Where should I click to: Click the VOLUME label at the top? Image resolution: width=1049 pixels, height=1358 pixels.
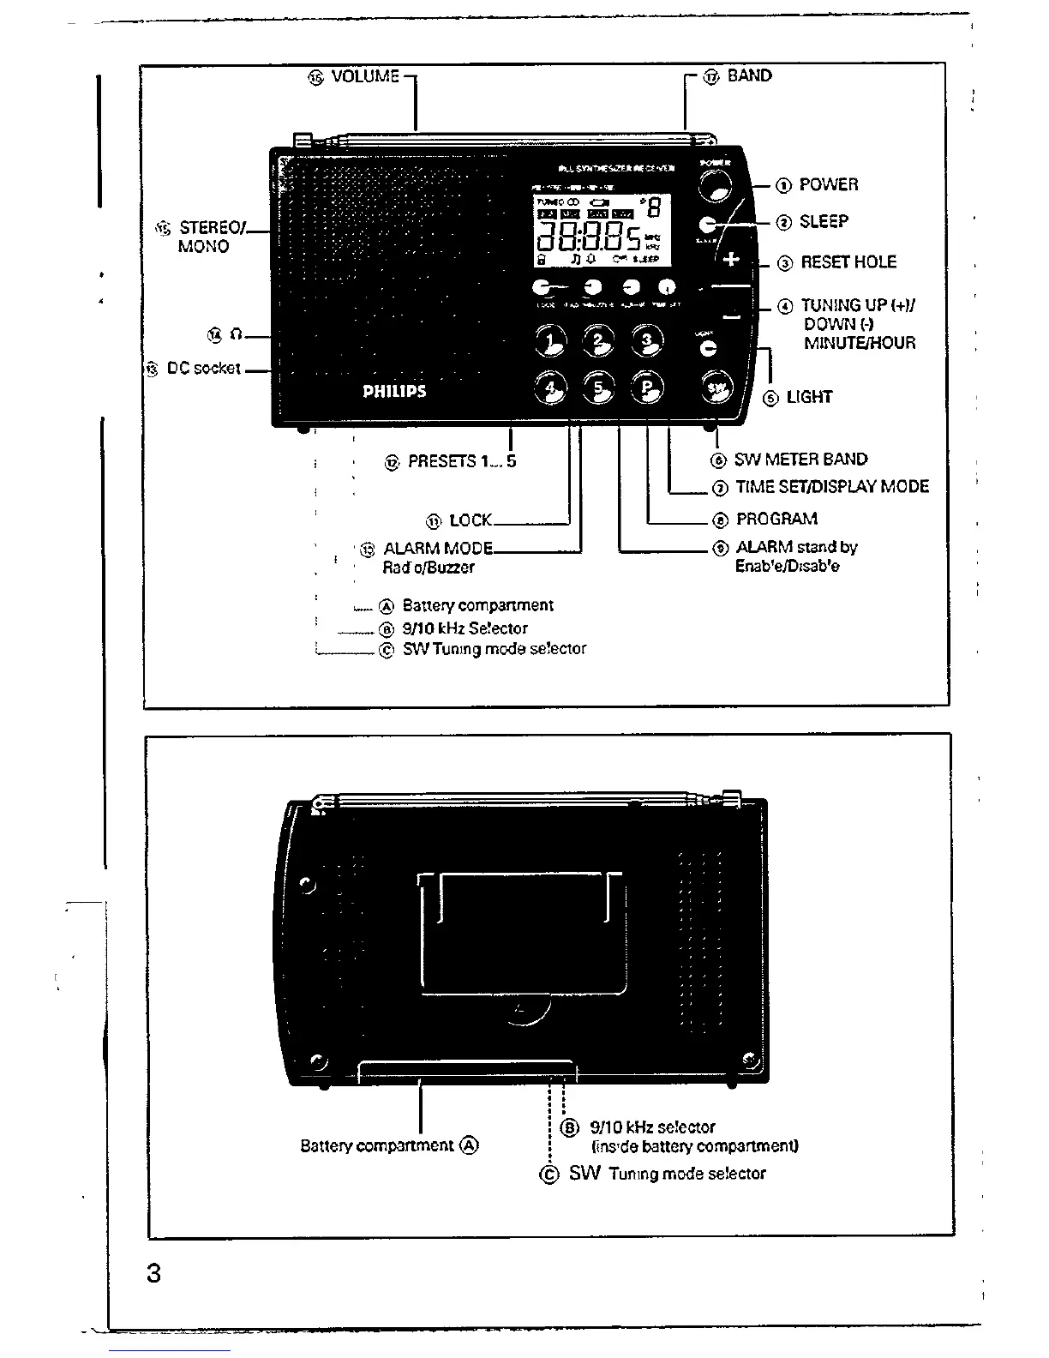365,76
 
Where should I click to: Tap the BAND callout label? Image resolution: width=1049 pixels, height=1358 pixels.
749,75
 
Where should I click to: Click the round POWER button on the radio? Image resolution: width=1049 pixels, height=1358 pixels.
716,182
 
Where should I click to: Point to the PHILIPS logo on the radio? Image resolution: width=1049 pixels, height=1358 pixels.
394,391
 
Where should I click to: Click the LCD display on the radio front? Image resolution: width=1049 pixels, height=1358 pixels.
602,230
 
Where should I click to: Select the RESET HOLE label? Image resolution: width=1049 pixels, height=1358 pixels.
848,262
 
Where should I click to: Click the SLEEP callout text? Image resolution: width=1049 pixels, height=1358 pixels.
824,221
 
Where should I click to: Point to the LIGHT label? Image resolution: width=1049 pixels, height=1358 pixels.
809,397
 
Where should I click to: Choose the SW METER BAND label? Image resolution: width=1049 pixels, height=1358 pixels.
800,460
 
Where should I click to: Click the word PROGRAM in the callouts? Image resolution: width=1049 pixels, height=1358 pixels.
776,519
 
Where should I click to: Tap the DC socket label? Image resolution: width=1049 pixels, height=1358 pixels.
204,368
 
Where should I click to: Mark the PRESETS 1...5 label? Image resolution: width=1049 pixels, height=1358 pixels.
462,461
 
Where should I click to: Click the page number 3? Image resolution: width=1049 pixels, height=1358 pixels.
153,1273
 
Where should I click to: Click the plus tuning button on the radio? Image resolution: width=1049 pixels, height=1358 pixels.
731,258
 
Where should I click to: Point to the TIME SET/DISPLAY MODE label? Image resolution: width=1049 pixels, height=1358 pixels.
831,486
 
